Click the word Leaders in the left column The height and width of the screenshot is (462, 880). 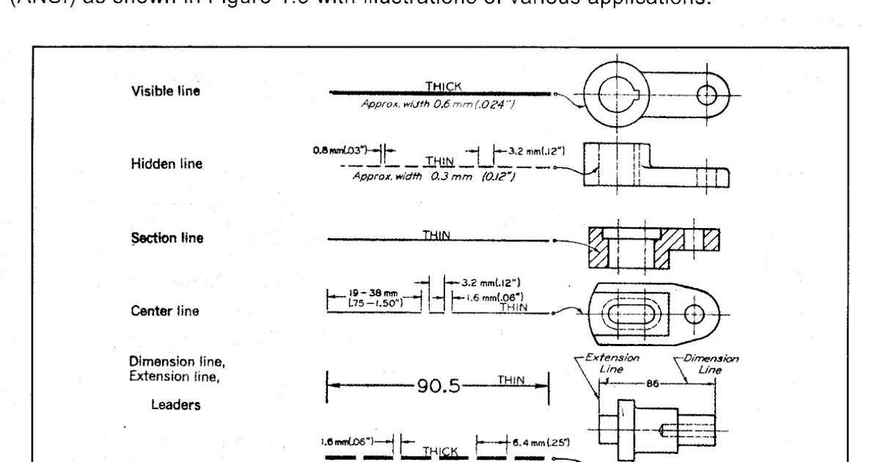[161, 405]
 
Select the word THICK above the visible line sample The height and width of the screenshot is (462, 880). [444, 86]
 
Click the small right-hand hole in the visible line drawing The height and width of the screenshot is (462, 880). [707, 95]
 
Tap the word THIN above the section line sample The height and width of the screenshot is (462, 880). [435, 234]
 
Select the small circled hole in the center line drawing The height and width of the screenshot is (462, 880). [694, 313]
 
